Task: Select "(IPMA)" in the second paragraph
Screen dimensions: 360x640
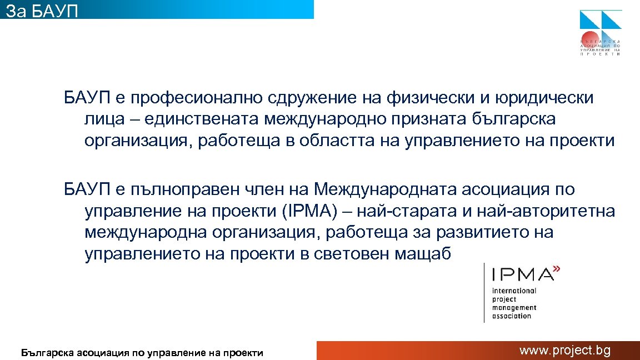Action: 306,211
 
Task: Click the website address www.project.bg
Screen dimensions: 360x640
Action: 565,350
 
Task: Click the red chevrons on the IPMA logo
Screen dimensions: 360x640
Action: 557,269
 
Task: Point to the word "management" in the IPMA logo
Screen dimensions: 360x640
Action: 514,307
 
